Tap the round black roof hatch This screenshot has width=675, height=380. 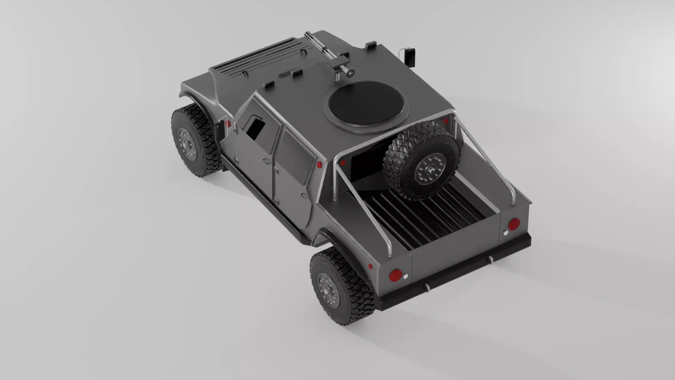[x=366, y=104]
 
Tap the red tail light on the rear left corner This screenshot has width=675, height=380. [x=396, y=275]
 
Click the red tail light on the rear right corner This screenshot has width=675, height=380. [x=514, y=224]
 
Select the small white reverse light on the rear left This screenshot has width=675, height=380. [x=405, y=277]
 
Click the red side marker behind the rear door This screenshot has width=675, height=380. [x=319, y=165]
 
